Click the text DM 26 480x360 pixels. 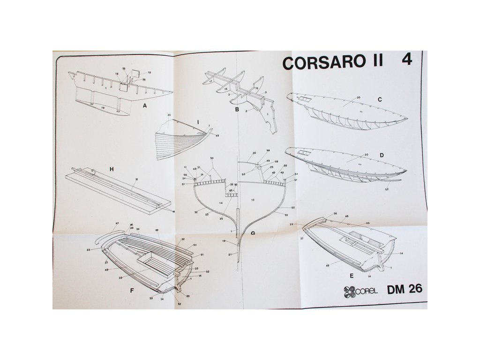point(405,290)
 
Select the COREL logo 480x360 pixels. point(361,291)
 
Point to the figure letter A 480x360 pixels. point(145,106)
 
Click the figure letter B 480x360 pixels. point(237,110)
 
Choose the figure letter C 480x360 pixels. point(380,99)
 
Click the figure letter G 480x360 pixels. point(253,233)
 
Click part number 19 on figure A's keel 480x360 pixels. point(103,108)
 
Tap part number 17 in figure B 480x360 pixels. point(211,81)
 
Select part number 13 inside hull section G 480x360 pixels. point(253,200)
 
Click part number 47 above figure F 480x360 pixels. point(117,224)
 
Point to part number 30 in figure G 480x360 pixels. point(255,153)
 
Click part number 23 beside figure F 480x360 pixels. point(88,249)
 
